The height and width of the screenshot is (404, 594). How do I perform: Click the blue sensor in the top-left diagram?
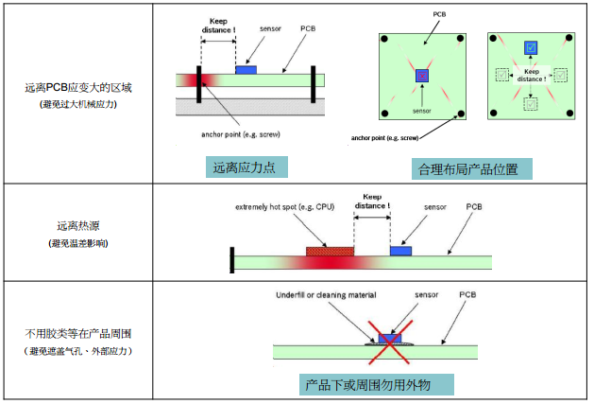point(246,70)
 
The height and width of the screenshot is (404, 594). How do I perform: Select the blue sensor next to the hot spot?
point(401,251)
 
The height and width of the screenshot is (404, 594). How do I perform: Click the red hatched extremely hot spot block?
point(330,252)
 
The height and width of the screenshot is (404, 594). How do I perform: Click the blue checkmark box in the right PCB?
point(532,46)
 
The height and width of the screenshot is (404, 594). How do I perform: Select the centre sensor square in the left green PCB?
point(422,75)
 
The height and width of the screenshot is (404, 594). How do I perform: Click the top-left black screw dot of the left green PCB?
point(385,39)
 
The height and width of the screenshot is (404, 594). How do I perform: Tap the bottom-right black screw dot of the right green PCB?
point(569,114)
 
